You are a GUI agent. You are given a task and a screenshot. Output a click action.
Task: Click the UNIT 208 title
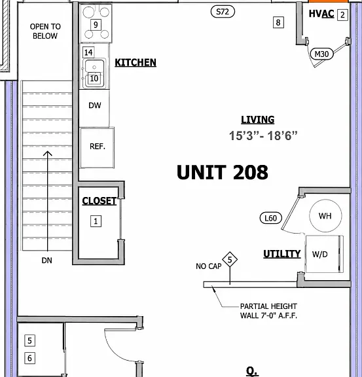tap(223, 172)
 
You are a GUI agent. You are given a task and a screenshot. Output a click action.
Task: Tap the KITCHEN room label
tap(136, 63)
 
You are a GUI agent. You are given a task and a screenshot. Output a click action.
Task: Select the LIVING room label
tap(258, 120)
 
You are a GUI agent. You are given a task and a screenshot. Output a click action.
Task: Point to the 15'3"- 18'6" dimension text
tap(263, 135)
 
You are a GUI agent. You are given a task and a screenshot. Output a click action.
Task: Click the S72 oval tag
tap(223, 12)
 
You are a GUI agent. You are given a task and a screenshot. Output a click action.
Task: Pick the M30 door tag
tap(321, 54)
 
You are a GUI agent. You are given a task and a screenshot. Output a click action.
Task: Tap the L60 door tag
tap(271, 218)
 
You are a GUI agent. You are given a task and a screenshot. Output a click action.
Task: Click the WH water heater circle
tap(325, 216)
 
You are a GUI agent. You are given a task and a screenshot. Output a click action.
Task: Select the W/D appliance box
tap(324, 254)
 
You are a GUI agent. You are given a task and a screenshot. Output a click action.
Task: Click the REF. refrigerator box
tap(97, 148)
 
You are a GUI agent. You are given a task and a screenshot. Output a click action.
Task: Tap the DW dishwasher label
tap(95, 105)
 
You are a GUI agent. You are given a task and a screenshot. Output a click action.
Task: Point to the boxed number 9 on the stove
tap(96, 25)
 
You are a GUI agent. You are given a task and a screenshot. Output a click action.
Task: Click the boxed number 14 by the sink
tap(88, 52)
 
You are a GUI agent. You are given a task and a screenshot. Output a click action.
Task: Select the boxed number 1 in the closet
tap(96, 221)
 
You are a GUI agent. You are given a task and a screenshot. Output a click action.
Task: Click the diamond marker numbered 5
tap(230, 259)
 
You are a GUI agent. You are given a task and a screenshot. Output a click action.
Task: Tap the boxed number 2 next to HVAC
tap(342, 15)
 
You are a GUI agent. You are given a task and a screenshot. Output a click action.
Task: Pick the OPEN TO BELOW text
tap(45, 31)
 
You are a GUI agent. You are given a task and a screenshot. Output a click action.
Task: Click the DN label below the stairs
tap(46, 260)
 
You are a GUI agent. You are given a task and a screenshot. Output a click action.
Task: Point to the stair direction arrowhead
tap(48, 153)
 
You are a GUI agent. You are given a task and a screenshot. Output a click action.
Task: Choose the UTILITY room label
tap(282, 254)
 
